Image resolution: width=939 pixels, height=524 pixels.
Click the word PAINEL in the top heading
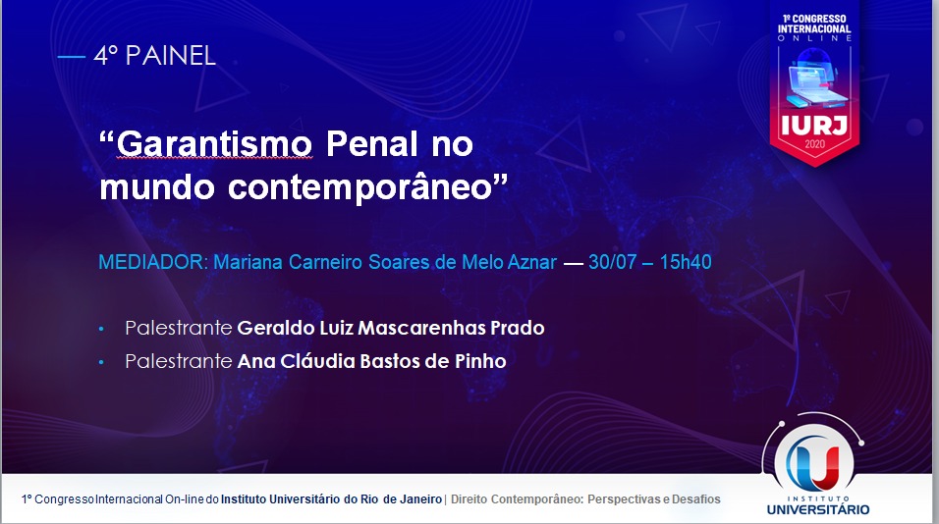(x=171, y=56)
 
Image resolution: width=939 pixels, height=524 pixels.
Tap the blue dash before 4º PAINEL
(x=72, y=57)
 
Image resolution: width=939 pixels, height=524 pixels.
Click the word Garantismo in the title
(x=214, y=143)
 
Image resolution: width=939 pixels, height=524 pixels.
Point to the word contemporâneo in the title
(x=359, y=187)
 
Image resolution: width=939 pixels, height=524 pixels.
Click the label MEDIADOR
(x=152, y=262)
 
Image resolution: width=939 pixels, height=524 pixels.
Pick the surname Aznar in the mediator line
(x=532, y=262)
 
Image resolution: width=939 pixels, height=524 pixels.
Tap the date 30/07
(x=612, y=262)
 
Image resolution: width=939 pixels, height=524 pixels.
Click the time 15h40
(x=686, y=262)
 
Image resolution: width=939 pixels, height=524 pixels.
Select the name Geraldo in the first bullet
(x=270, y=328)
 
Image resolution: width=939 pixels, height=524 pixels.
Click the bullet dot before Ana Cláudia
(x=101, y=362)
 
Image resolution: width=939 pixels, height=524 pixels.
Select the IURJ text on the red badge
(x=814, y=126)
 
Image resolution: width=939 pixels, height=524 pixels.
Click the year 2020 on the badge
(x=814, y=144)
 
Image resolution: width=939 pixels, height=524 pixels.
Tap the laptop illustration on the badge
(x=814, y=79)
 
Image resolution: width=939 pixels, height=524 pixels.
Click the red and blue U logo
(x=813, y=460)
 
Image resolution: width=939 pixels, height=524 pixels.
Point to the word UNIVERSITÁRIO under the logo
(x=818, y=509)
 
